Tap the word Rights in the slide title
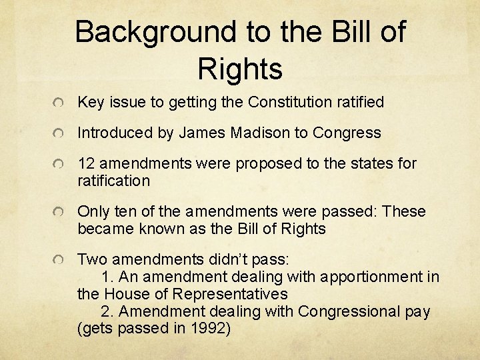240,68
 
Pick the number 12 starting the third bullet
85,163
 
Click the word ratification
114,181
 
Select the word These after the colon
403,211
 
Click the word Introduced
115,133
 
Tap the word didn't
215,259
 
